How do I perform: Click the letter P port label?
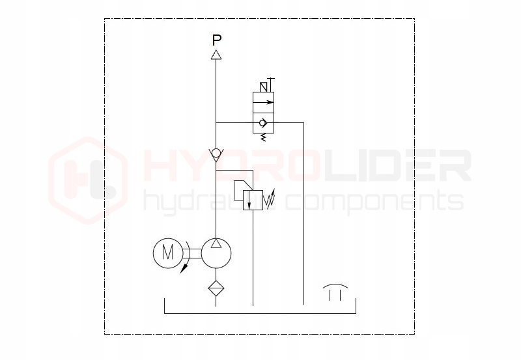click(x=217, y=40)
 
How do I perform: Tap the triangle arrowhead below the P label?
click(x=217, y=55)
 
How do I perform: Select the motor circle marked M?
click(x=167, y=253)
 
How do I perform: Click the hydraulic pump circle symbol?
click(x=216, y=253)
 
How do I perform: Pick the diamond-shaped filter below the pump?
click(x=216, y=288)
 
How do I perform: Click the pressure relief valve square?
click(x=251, y=200)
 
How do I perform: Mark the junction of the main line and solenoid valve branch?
click(x=216, y=122)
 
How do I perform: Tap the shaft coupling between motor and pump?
click(x=192, y=253)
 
